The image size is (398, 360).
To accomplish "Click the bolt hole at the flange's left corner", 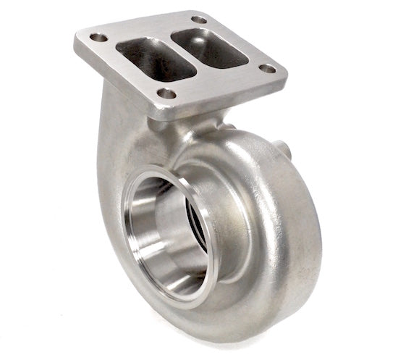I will point(99,37).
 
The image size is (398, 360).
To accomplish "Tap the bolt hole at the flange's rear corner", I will point(199,19).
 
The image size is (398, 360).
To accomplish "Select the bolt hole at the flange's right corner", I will point(268,69).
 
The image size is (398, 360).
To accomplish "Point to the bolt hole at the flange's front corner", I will point(167,93).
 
